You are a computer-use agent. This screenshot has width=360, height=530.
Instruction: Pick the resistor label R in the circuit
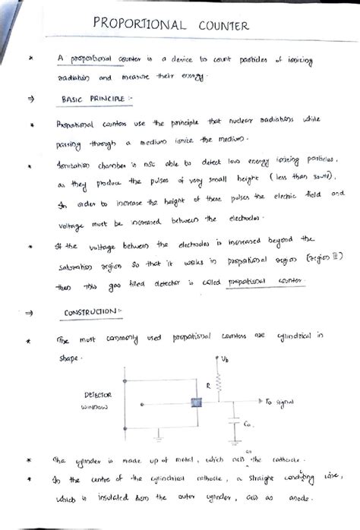pos(208,386)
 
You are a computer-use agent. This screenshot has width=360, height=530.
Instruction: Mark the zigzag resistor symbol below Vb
pos(220,377)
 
